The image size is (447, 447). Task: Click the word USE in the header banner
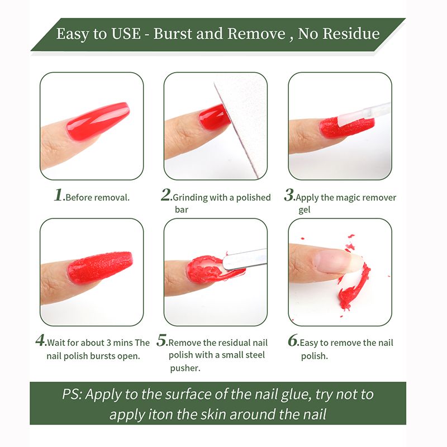pyautogui.click(x=126, y=34)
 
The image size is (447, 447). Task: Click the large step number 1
pyautogui.click(x=59, y=195)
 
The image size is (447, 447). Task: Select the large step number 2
pyautogui.click(x=165, y=195)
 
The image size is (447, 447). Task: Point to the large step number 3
pyautogui.click(x=289, y=195)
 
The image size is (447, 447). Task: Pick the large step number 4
pyautogui.click(x=40, y=340)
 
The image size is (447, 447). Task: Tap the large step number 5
pyautogui.click(x=161, y=340)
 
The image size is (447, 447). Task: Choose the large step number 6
pyautogui.click(x=293, y=340)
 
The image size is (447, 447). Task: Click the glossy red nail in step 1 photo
pyautogui.click(x=97, y=121)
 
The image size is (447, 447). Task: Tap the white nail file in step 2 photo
pyautogui.click(x=242, y=122)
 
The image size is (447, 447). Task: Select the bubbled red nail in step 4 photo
pyautogui.click(x=100, y=267)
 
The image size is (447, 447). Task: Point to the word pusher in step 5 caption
pyautogui.click(x=185, y=368)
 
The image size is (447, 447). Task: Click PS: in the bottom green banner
pyautogui.click(x=72, y=394)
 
